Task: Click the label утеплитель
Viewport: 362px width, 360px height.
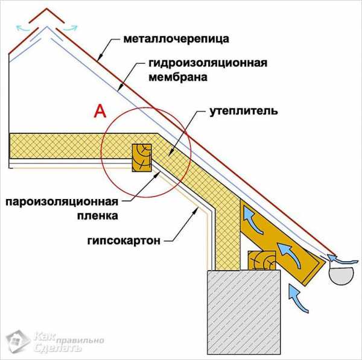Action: pyautogui.click(x=243, y=112)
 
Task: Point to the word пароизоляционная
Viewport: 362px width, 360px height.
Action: pyautogui.click(x=62, y=201)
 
